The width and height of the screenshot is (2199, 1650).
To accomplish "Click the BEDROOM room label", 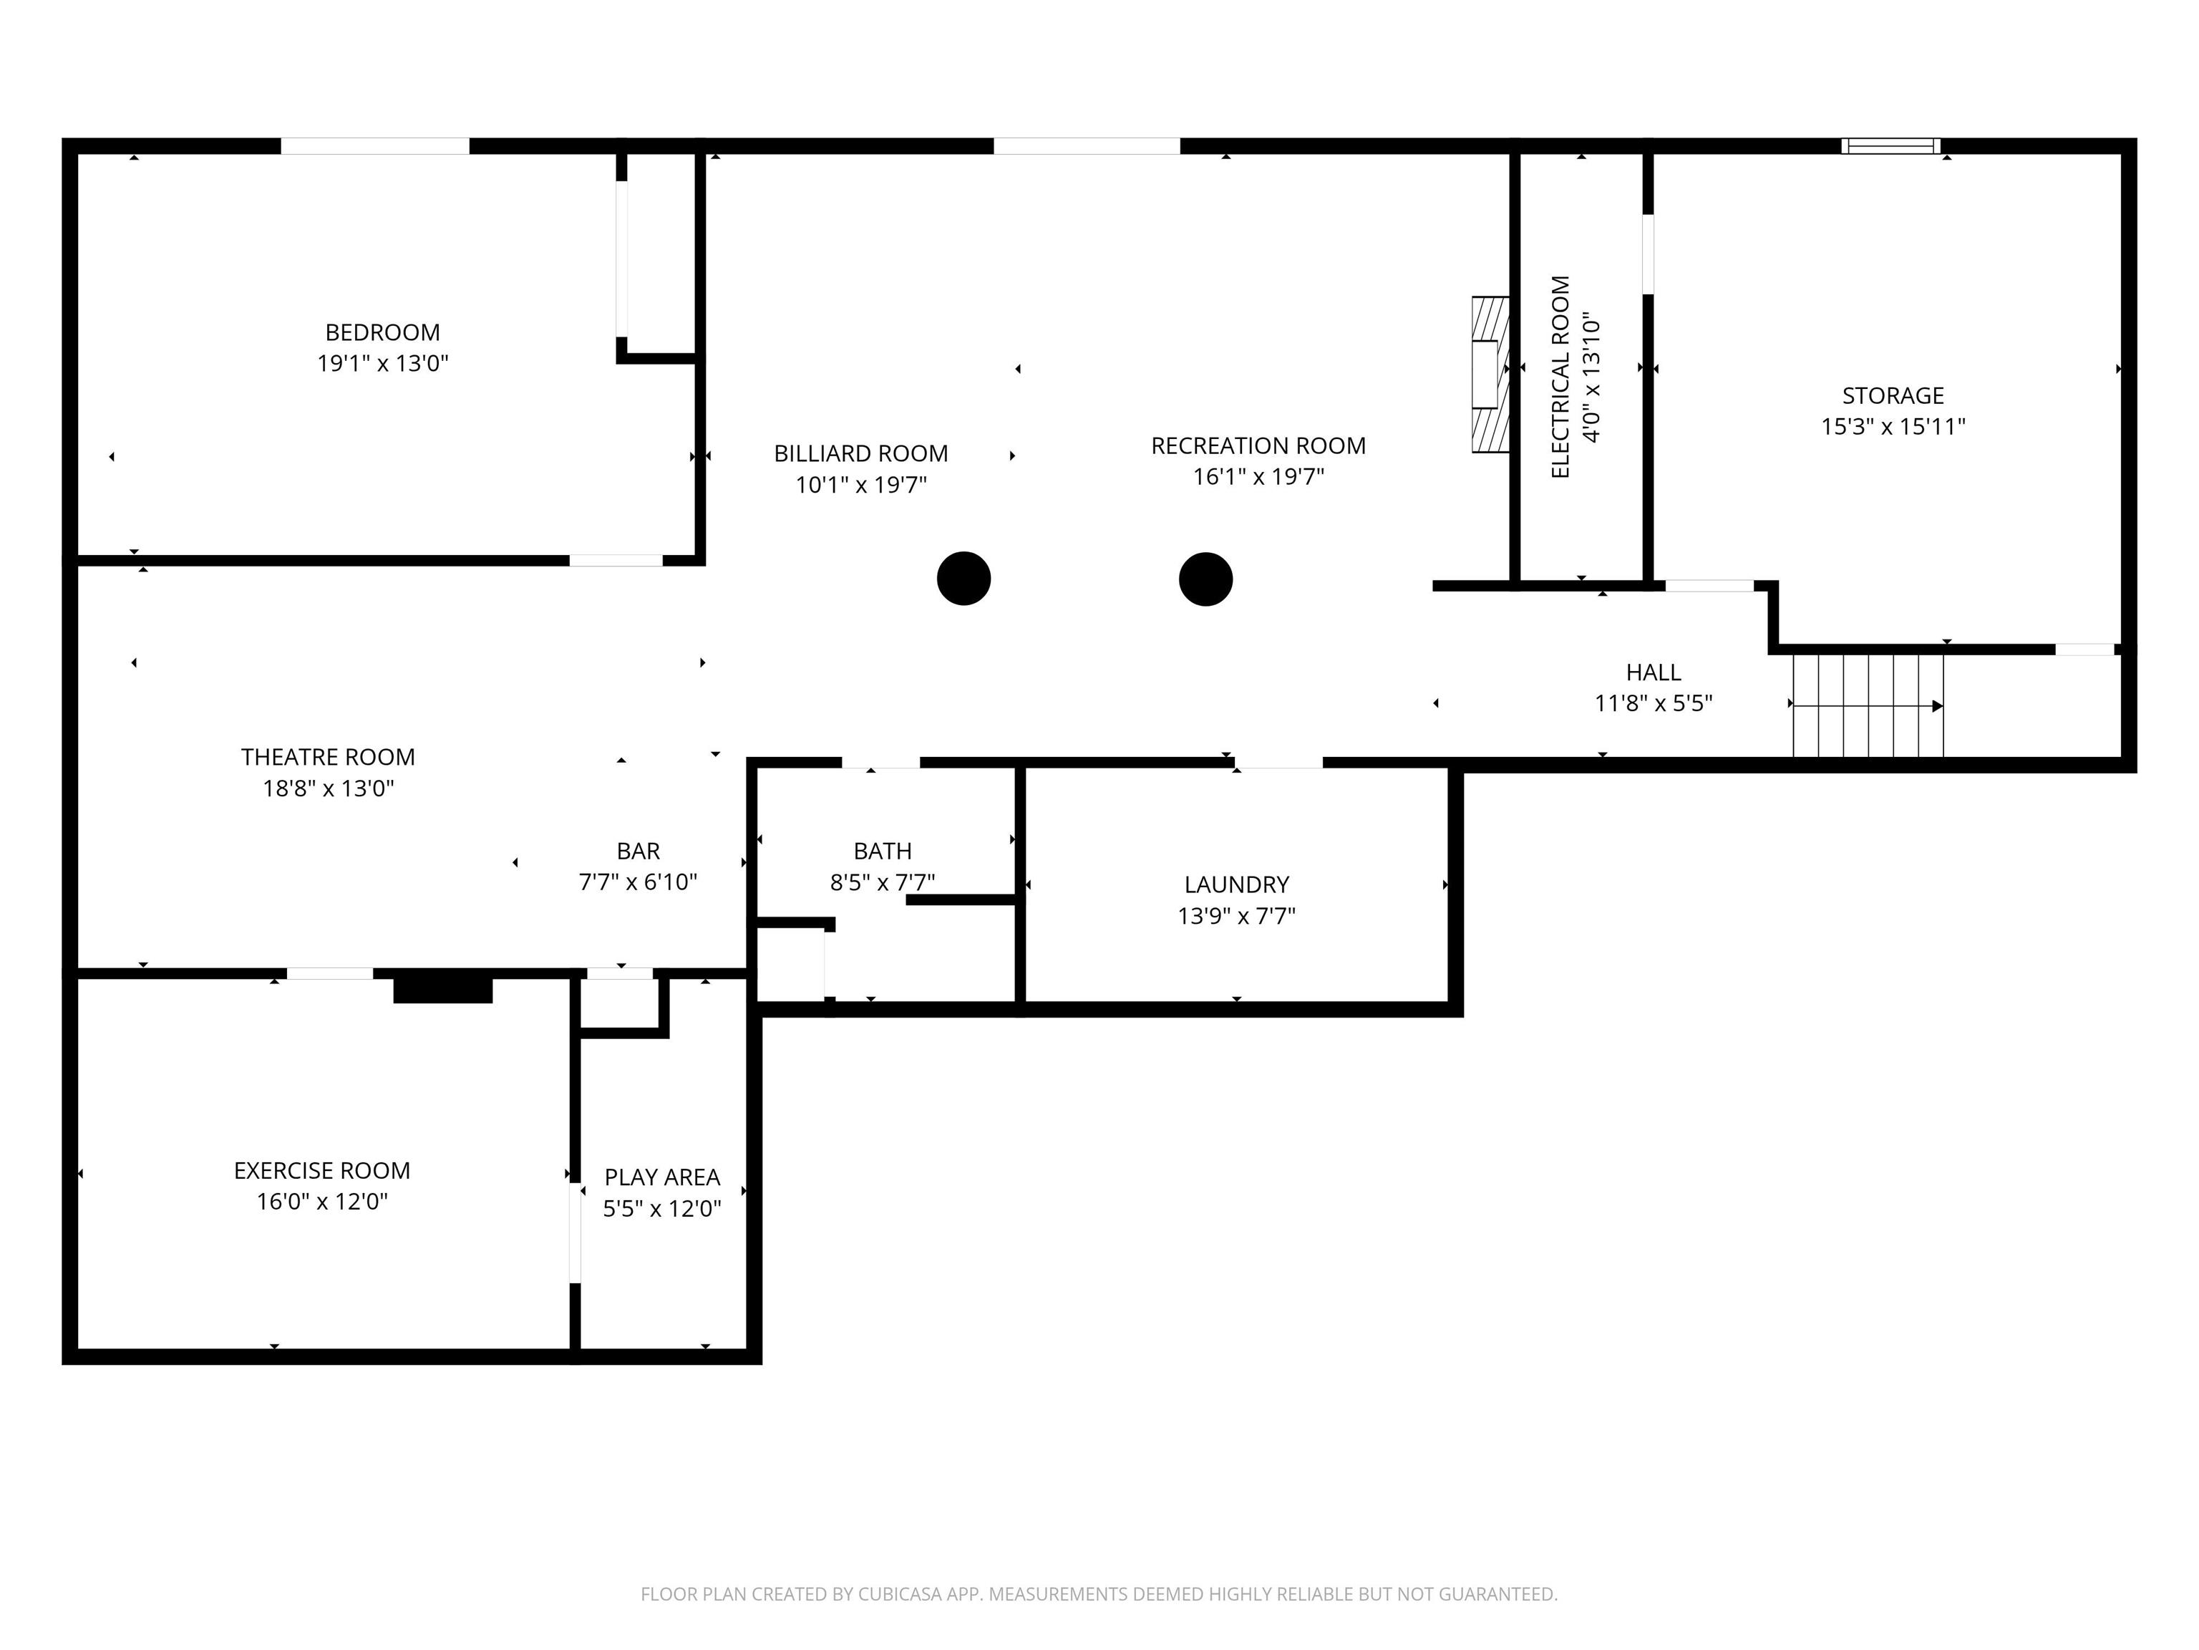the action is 383,332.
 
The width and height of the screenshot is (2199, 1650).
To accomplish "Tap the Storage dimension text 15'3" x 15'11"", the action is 1893,427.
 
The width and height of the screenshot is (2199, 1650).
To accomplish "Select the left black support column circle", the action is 963,578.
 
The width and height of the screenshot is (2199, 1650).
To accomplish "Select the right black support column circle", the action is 1206,579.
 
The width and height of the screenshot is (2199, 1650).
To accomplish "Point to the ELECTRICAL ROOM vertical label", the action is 1560,377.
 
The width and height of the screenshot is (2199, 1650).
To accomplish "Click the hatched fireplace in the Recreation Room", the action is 1490,374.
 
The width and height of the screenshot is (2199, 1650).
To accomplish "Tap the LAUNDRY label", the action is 1237,884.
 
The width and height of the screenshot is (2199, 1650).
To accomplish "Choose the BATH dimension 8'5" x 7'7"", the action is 883,882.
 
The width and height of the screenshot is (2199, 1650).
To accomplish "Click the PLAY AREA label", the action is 662,1177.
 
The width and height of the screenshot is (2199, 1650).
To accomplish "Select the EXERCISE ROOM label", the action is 322,1171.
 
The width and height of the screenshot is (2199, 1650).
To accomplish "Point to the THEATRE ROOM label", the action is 328,757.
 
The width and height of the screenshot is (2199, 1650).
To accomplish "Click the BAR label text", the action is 639,851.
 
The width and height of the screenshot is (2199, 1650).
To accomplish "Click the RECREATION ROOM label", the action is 1258,445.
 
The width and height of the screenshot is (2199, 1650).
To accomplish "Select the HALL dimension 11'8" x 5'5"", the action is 1654,704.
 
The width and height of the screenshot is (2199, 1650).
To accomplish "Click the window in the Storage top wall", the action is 1890,146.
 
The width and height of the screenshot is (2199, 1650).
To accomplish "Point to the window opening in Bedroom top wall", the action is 375,146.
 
